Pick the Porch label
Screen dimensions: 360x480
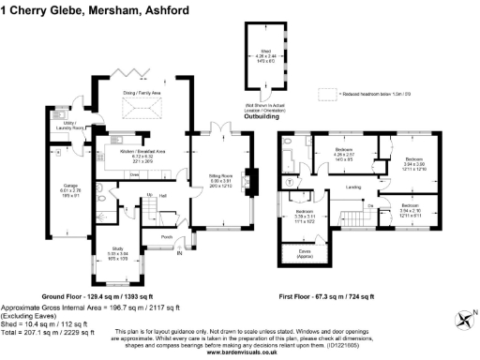pyautogui.click(x=167, y=236)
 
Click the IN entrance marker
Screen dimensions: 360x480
pyautogui.click(x=180, y=249)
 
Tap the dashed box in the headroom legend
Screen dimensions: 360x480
pyautogui.click(x=325, y=94)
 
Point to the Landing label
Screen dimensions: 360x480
pyautogui.click(x=353, y=187)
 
